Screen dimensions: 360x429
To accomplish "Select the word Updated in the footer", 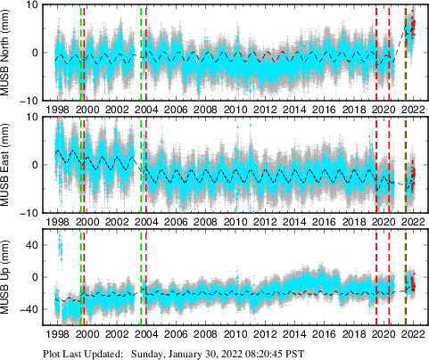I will pos(101,353).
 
